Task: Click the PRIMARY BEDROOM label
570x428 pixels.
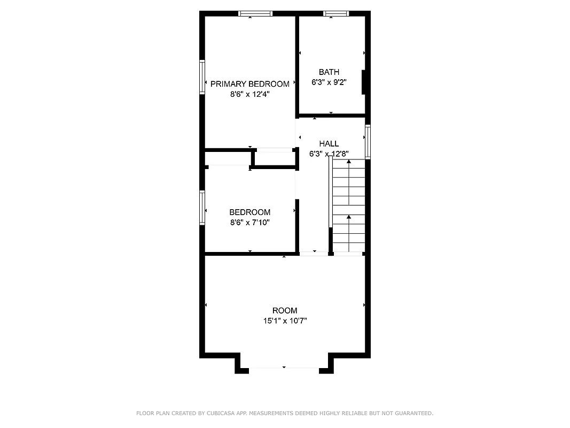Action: (x=249, y=84)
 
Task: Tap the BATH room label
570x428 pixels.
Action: (x=329, y=72)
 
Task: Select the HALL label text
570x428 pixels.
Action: (x=329, y=143)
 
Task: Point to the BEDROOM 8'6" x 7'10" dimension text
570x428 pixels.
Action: (x=249, y=222)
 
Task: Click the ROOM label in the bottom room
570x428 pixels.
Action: (x=284, y=310)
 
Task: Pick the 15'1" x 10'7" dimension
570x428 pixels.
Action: (x=284, y=321)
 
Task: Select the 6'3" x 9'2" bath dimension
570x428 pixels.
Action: (x=329, y=82)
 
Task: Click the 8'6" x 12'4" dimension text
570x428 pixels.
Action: (x=249, y=94)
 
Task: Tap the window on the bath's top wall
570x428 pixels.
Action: (x=336, y=14)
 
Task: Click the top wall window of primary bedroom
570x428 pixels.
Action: (x=255, y=14)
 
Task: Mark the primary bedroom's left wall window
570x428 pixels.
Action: (x=202, y=77)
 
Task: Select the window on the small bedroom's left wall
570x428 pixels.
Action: (x=202, y=207)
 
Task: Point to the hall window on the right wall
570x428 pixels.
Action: (x=368, y=142)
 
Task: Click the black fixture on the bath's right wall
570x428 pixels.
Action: (x=364, y=82)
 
